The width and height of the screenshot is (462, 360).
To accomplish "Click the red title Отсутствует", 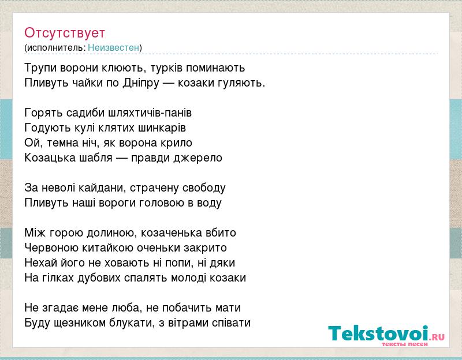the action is [x=65, y=33].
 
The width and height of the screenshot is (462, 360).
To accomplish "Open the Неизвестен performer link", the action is [x=113, y=47].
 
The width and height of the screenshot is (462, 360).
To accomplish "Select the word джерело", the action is [x=198, y=157].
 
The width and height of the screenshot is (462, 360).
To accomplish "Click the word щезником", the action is [x=80, y=322].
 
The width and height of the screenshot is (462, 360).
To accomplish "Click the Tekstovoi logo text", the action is [x=378, y=333].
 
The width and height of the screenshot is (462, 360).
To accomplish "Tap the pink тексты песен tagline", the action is [x=405, y=344].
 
